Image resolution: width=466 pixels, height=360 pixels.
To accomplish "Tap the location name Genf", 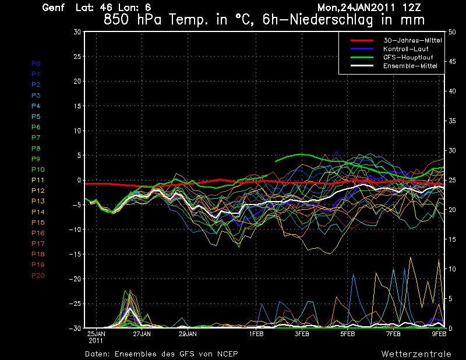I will pyautogui.click(x=54, y=8).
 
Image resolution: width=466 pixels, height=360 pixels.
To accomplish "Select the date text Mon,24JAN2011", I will pyautogui.click(x=360, y=8).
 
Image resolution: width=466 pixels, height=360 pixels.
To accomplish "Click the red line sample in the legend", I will pyautogui.click(x=361, y=40).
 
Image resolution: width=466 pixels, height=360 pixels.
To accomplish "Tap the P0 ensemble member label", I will pyautogui.click(x=36, y=63).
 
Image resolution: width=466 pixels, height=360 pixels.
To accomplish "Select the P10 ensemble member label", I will pyautogui.click(x=37, y=170).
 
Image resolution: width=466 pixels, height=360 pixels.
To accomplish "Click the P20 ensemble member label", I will pyautogui.click(x=37, y=276).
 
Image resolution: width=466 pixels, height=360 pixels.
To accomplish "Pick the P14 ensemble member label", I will pyautogui.click(x=37, y=212).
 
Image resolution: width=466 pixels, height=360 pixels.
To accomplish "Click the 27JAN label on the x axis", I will pyautogui.click(x=142, y=334).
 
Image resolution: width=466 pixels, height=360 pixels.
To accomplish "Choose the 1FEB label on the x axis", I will pyautogui.click(x=256, y=334).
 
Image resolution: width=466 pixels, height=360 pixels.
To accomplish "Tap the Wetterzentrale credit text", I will pyautogui.click(x=416, y=354).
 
